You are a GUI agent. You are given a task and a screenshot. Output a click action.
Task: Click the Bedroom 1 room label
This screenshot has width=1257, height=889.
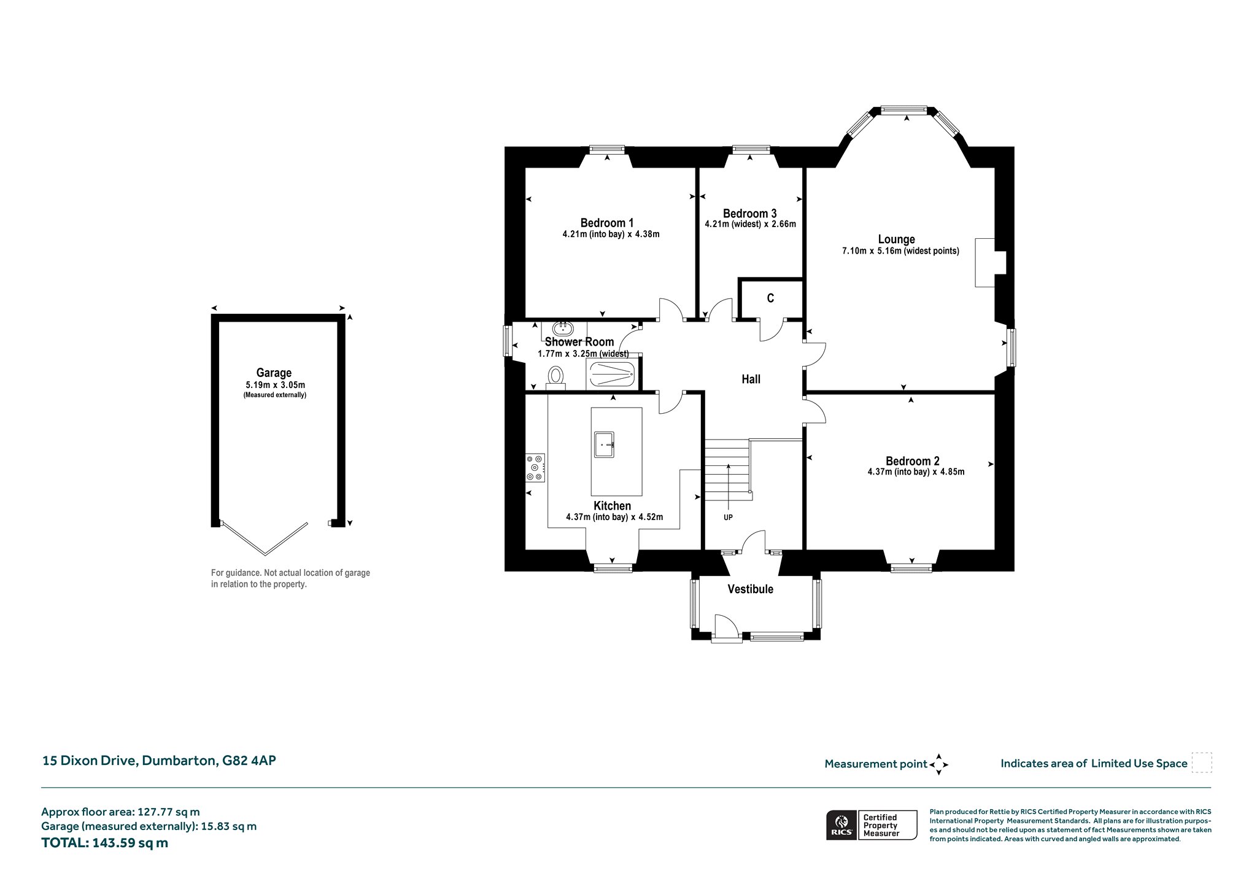(x=607, y=223)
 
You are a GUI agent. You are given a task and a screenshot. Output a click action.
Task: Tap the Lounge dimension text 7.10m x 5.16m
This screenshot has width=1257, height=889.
(x=900, y=251)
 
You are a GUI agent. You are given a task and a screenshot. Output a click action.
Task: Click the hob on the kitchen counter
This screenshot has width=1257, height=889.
(x=535, y=468)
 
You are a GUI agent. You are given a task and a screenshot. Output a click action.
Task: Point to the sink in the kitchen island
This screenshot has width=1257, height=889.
(x=604, y=444)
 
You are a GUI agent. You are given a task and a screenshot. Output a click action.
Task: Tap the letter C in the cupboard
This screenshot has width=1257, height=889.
(x=770, y=298)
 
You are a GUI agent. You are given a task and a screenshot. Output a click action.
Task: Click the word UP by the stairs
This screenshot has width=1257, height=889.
(x=728, y=518)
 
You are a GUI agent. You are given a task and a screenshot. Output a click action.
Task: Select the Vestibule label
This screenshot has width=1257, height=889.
(x=750, y=589)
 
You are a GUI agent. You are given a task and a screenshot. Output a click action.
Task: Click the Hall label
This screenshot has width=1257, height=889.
(x=751, y=379)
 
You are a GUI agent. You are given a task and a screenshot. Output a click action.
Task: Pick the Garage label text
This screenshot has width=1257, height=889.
(x=274, y=373)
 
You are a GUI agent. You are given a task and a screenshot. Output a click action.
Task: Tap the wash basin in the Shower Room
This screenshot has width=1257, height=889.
(x=563, y=328)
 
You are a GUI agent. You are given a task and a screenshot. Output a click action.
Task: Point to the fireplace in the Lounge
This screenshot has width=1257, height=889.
(x=991, y=263)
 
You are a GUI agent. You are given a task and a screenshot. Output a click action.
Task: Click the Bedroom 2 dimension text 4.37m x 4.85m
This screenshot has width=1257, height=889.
(x=916, y=472)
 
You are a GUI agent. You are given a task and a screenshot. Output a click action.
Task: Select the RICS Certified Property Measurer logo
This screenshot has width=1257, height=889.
(x=872, y=825)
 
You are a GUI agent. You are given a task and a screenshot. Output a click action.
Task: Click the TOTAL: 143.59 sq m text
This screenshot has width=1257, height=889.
(x=104, y=843)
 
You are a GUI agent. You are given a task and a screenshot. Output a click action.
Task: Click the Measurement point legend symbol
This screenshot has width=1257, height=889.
(x=938, y=764)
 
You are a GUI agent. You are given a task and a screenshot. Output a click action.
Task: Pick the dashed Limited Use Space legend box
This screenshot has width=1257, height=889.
(x=1201, y=763)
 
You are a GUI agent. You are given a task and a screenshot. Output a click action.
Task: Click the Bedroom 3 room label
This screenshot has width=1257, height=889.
(x=749, y=214)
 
